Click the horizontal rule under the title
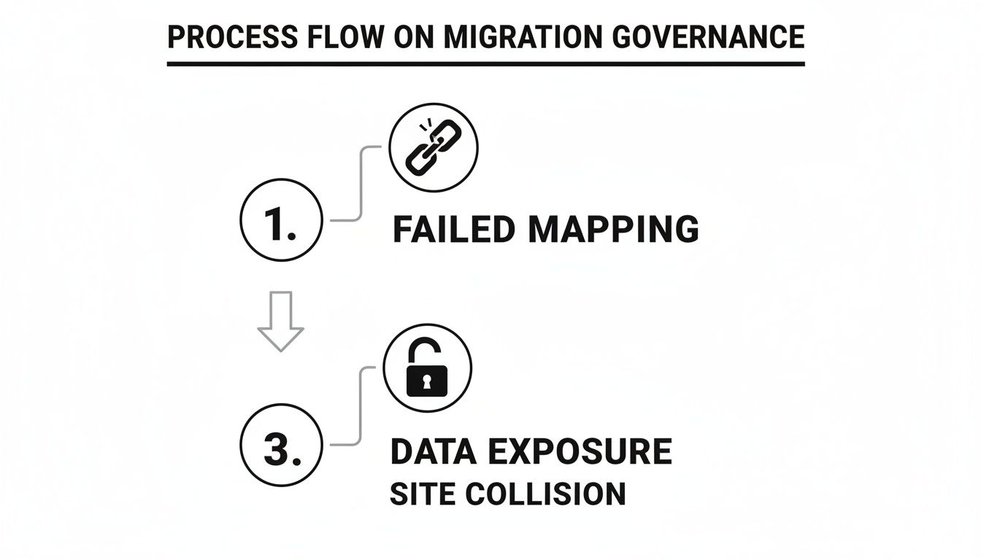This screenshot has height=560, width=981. coord(485,64)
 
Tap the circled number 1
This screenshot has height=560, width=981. coord(280,219)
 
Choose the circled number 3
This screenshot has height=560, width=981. coord(280,444)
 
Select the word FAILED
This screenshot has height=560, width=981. coord(455,229)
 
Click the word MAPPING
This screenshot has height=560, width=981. coord(614,229)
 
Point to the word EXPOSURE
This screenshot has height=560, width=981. coord(580,452)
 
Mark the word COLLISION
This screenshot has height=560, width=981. coord(545,494)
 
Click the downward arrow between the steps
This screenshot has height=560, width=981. coord(280,321)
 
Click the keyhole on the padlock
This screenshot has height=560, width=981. coord(426,380)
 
